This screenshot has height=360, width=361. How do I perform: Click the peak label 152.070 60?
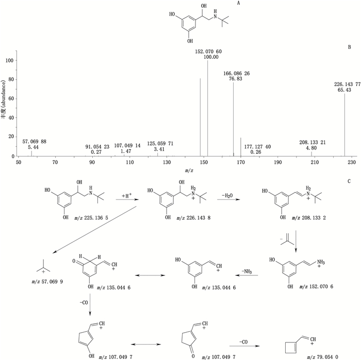pyautogui.click(x=208, y=52)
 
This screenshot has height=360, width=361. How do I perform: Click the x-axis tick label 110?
pyautogui.click(x=129, y=163)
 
